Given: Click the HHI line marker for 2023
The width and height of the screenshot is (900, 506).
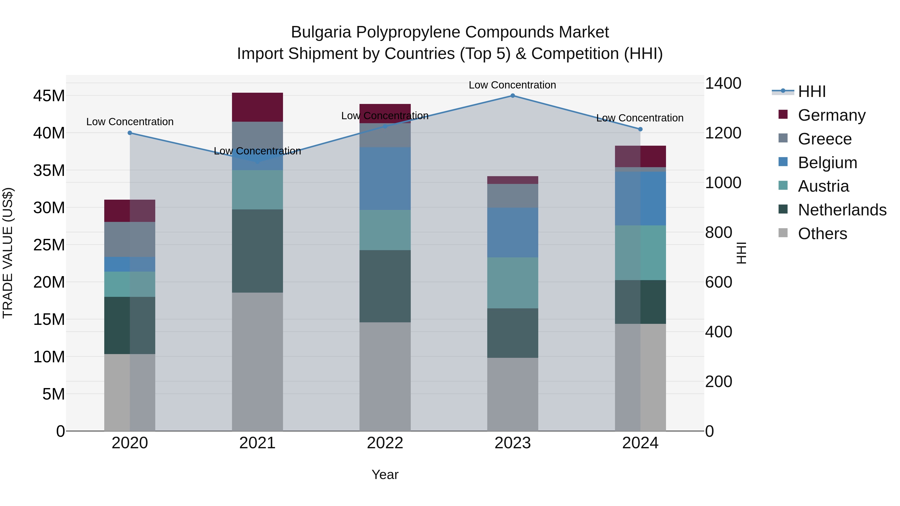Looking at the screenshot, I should point(512,96).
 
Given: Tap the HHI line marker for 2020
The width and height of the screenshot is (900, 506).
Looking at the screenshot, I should point(130,133).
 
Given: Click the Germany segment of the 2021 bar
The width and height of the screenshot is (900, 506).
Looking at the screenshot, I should point(257,107).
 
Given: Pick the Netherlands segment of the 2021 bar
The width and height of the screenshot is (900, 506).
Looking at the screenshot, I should point(257,251).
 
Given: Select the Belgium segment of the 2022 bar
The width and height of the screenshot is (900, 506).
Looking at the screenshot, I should point(385,178).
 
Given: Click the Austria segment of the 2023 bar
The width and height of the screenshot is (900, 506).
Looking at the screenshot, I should point(512,283).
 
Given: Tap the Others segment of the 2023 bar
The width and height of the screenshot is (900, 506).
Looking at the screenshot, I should point(512,394).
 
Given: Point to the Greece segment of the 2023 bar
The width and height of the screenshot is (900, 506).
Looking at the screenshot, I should point(512,196).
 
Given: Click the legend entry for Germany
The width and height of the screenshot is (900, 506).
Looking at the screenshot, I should point(831,115).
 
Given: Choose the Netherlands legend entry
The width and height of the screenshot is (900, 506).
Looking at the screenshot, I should point(842,210).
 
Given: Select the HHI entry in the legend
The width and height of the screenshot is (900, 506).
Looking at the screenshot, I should point(811,91).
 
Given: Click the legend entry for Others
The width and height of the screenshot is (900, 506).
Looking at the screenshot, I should point(822,234).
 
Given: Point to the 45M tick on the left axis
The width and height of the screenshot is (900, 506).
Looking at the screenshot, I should point(49,96).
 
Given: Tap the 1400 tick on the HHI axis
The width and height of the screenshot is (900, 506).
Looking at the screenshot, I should point(723,83).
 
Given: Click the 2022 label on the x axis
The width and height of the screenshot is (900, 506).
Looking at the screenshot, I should point(385,443).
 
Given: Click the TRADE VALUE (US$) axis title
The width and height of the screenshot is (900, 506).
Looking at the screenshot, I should point(8,253).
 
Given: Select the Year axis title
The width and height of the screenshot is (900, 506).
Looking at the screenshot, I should point(385,475).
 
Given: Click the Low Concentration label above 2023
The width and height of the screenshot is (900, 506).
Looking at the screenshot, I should point(512,85).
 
